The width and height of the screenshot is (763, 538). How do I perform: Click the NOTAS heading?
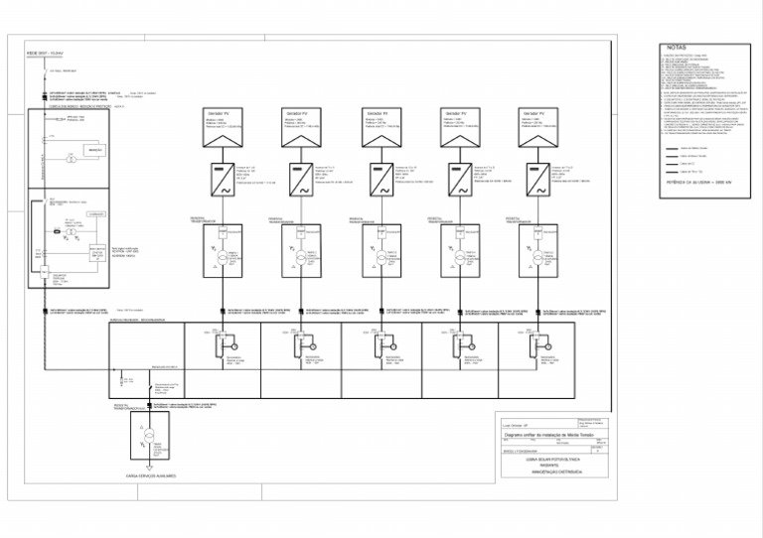(x=676, y=47)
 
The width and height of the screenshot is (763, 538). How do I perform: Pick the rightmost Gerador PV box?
(x=538, y=120)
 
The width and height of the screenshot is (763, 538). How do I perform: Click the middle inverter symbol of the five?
(x=381, y=178)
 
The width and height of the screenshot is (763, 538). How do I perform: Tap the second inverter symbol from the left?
(x=302, y=178)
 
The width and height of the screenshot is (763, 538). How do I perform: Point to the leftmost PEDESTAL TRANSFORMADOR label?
(x=205, y=218)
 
